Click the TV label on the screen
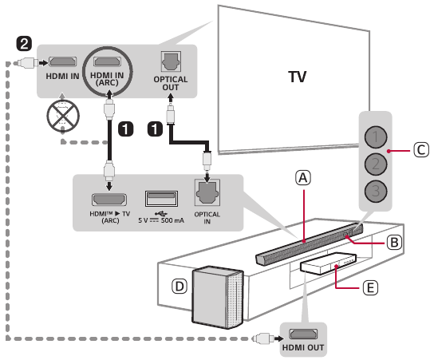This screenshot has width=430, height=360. [298, 77]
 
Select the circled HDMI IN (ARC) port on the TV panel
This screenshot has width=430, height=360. [107, 61]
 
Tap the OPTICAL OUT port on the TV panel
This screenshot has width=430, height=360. [171, 61]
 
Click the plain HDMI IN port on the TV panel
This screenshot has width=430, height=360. [62, 62]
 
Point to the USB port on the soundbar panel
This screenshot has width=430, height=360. [161, 199]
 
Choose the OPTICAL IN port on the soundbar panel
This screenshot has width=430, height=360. [207, 193]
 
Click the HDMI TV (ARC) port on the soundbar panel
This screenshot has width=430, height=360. [109, 200]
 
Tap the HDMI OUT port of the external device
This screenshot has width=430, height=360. [303, 334]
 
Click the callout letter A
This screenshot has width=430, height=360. [303, 178]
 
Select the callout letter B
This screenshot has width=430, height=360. [394, 243]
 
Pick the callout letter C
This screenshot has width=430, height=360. [421, 150]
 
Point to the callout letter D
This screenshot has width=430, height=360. [179, 287]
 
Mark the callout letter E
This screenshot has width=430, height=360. [370, 288]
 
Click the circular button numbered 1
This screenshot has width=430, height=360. [376, 137]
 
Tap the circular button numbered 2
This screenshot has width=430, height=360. [376, 164]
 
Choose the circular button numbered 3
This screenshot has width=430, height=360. [376, 192]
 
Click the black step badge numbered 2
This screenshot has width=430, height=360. [24, 44]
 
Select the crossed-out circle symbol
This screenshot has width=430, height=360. [63, 116]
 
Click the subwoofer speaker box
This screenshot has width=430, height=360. [218, 297]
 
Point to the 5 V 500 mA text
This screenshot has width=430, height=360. [161, 220]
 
